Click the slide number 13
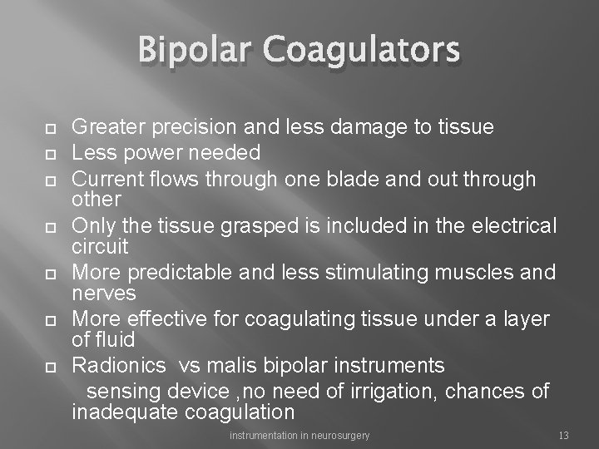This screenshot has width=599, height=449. pos(563,436)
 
